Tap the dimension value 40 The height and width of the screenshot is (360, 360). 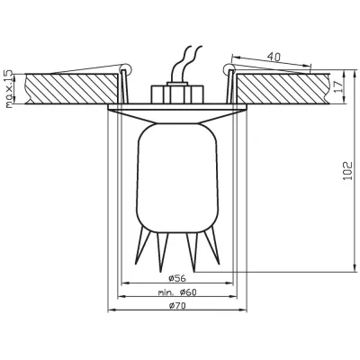click(274, 58)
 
